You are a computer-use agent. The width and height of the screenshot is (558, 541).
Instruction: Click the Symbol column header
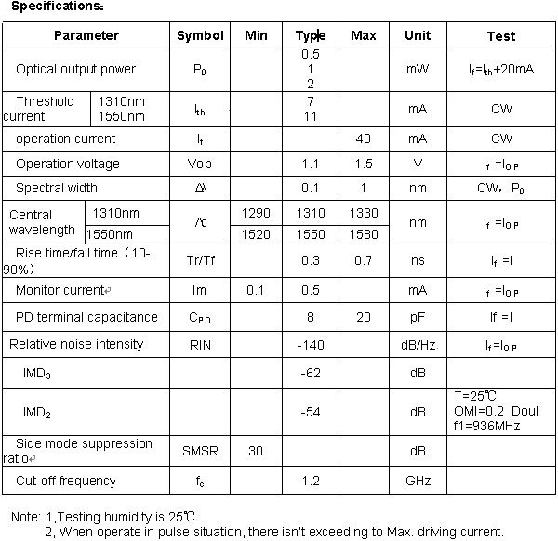coord(200,36)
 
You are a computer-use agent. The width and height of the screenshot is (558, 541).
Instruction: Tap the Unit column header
coord(418,36)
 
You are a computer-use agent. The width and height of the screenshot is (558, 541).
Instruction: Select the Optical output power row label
coord(75,69)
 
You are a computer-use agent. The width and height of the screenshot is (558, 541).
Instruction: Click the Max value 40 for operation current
coord(364,139)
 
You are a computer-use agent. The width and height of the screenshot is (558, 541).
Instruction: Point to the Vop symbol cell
coord(200,164)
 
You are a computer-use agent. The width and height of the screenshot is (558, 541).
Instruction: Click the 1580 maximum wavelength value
coord(364,234)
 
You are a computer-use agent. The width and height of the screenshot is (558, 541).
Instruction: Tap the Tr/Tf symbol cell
coord(200,260)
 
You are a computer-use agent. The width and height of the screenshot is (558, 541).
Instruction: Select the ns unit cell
coord(418,260)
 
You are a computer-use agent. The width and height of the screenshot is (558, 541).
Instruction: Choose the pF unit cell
coord(418,317)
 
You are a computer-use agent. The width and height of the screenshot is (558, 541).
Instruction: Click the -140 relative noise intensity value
coord(310,344)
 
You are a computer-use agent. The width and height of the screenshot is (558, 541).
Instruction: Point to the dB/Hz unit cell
coord(418,344)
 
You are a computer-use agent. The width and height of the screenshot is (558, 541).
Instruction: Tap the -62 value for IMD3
coord(310,373)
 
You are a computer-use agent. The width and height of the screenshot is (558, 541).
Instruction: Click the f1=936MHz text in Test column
coord(487,426)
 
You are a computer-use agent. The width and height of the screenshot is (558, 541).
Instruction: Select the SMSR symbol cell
coord(200,451)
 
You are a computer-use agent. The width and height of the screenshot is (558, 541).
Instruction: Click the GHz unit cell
coord(418,481)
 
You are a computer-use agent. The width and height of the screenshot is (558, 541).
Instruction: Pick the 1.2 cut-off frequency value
coord(310,481)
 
